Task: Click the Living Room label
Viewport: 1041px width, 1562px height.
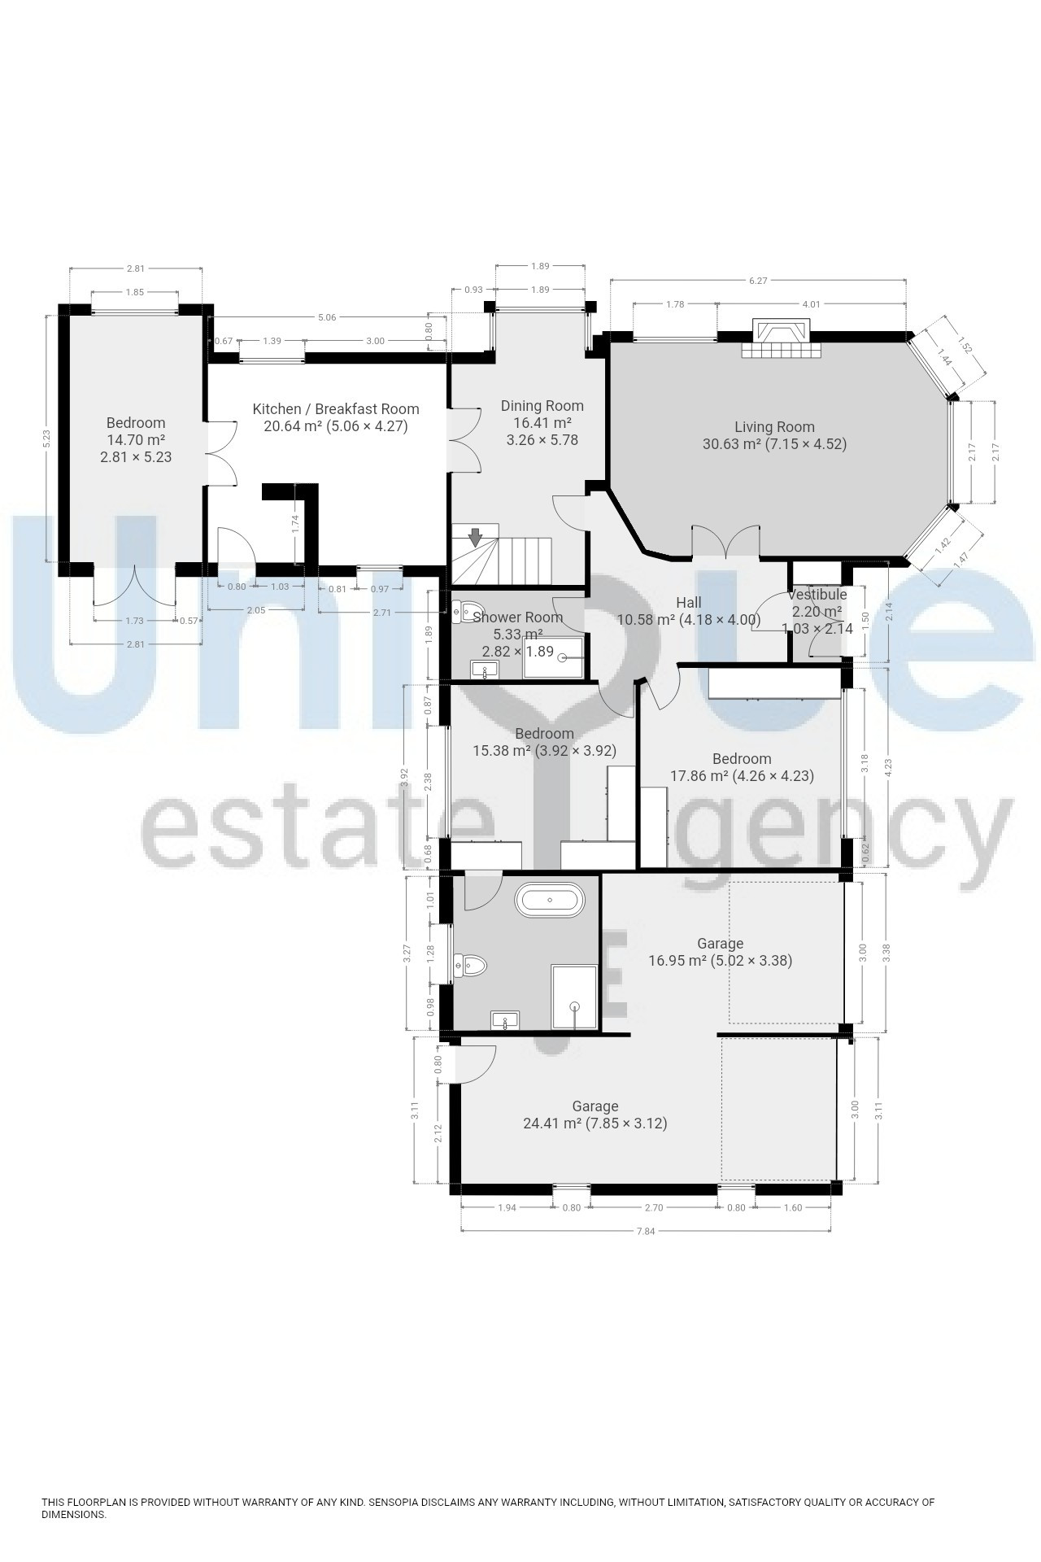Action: (x=774, y=435)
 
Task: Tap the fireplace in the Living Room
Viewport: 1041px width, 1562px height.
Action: (x=782, y=338)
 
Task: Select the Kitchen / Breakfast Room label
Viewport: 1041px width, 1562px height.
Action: (x=336, y=417)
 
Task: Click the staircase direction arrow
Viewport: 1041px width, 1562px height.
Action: (x=475, y=537)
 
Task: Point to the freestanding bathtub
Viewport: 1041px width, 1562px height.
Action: (x=550, y=900)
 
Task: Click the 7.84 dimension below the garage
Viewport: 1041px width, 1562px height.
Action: (x=645, y=1231)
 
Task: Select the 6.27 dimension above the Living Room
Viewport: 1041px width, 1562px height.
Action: (x=758, y=281)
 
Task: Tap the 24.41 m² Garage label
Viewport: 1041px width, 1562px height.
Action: (x=595, y=1115)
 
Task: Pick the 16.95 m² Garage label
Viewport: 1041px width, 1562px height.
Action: (x=721, y=952)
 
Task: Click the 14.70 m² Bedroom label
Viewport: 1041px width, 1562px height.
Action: (x=136, y=440)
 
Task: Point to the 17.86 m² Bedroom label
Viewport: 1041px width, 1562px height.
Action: (x=742, y=767)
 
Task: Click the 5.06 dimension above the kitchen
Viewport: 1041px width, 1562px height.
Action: (x=327, y=317)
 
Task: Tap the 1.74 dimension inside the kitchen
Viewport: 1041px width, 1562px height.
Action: (x=296, y=524)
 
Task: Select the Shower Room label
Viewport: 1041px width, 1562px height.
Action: (x=517, y=617)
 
